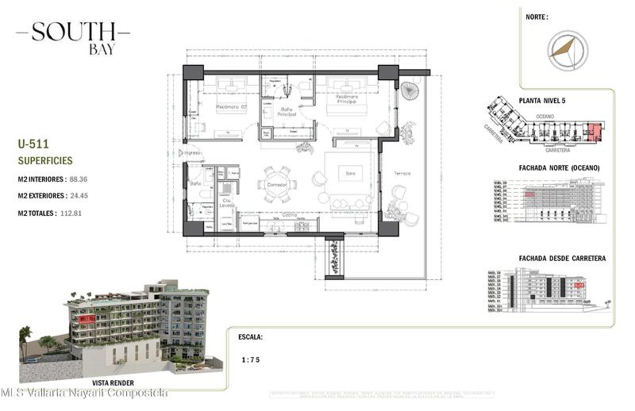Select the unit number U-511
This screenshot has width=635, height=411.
[x=33, y=144]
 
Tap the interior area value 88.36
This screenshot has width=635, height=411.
[x=78, y=179]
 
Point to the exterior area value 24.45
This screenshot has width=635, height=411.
[x=79, y=196]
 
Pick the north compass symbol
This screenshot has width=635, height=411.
[x=567, y=48]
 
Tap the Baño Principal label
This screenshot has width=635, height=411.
[x=287, y=113]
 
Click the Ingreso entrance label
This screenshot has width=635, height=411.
[x=192, y=152]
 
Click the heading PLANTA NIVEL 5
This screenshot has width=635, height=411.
[x=547, y=101]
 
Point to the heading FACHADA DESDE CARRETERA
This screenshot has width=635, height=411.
[x=562, y=259]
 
